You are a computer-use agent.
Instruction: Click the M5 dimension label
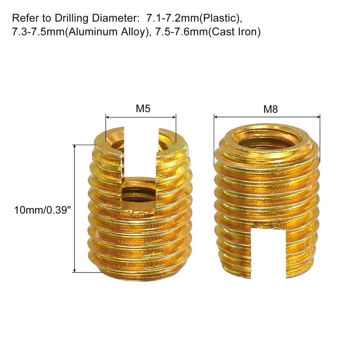coord(143,109)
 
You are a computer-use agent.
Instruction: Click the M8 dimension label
coord(270,109)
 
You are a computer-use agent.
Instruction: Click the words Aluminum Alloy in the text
coord(103,32)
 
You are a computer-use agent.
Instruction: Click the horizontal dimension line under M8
coord(267,117)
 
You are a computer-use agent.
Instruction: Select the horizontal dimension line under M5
coord(141,117)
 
